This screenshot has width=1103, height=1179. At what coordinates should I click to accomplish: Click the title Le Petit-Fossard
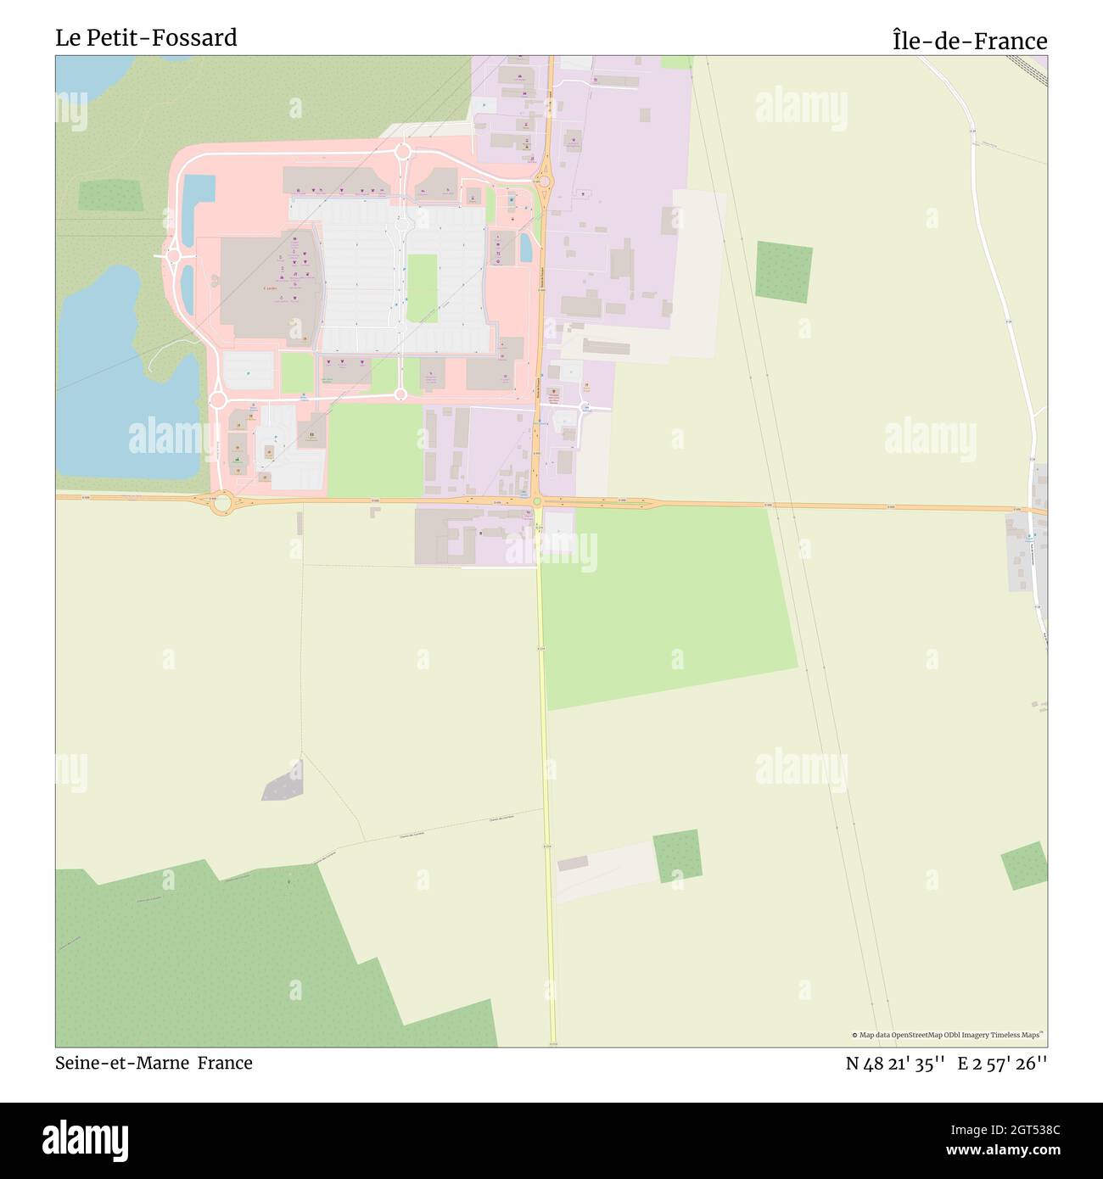coord(146,38)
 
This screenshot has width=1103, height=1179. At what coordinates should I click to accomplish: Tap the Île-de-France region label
coord(969,41)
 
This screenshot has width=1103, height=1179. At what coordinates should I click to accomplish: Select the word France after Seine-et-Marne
coord(225,1063)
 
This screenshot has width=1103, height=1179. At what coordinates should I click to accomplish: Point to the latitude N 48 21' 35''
coord(895,1064)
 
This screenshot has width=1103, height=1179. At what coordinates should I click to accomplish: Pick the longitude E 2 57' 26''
coord(1002,1064)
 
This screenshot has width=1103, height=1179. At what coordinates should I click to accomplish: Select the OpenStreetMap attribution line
coord(949,1035)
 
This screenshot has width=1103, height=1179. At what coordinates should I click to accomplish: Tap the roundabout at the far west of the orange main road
coord(222,504)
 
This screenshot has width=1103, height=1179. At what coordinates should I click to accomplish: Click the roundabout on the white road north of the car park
coord(403,152)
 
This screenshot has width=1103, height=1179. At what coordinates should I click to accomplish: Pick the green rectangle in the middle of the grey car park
coord(422,288)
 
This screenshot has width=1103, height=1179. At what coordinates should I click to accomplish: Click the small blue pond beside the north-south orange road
coord(526,247)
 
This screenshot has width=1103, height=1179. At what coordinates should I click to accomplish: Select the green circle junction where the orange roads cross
coord(537,502)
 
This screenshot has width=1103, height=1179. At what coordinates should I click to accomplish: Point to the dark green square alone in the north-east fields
coord(783,271)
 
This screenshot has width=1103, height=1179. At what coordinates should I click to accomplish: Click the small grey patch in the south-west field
coord(283,781)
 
